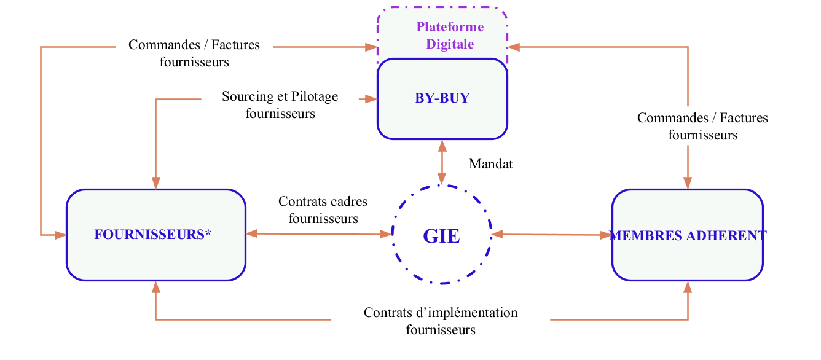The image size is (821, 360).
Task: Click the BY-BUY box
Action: pos(442,98)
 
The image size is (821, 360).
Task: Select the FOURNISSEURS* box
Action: pos(155,235)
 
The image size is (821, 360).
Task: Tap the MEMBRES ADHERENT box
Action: pos(688,235)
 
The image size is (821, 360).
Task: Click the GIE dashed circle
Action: pos(441,235)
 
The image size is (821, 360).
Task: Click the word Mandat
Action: pos(490,164)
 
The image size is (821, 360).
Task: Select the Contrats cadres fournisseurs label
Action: pos(323,209)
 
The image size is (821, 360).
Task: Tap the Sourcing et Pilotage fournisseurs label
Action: pos(280,105)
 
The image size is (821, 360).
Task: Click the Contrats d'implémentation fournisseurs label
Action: pos(441,321)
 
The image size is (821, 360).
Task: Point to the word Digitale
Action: pos(450,44)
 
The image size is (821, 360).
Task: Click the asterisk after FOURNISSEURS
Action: pos(208,233)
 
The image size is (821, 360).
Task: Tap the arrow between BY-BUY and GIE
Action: pos(441,163)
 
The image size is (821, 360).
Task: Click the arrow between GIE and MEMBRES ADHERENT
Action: pos(551,235)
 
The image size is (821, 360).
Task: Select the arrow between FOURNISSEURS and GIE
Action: pos(318,234)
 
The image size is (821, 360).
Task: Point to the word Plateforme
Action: pos(450,27)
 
